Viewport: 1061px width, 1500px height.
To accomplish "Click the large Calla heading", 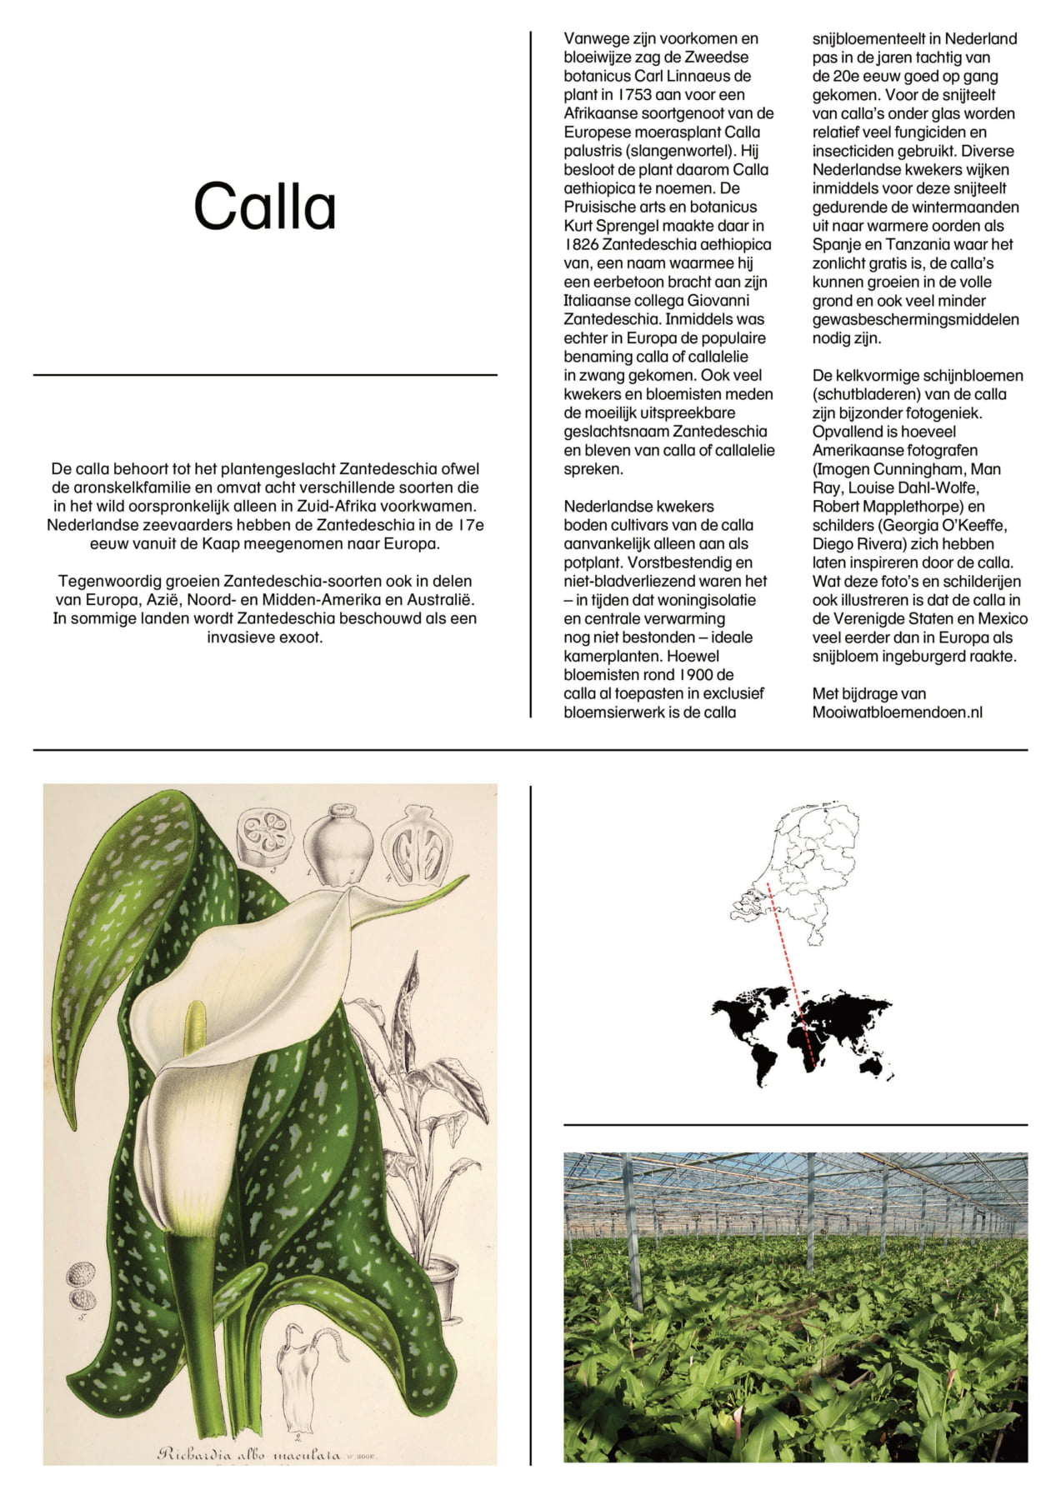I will click(x=265, y=207).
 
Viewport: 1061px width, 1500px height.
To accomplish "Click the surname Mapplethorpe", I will click(x=916, y=506).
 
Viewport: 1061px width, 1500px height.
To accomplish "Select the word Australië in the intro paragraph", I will click(x=442, y=599).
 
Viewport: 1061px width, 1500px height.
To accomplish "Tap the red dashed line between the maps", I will click(x=792, y=975).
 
